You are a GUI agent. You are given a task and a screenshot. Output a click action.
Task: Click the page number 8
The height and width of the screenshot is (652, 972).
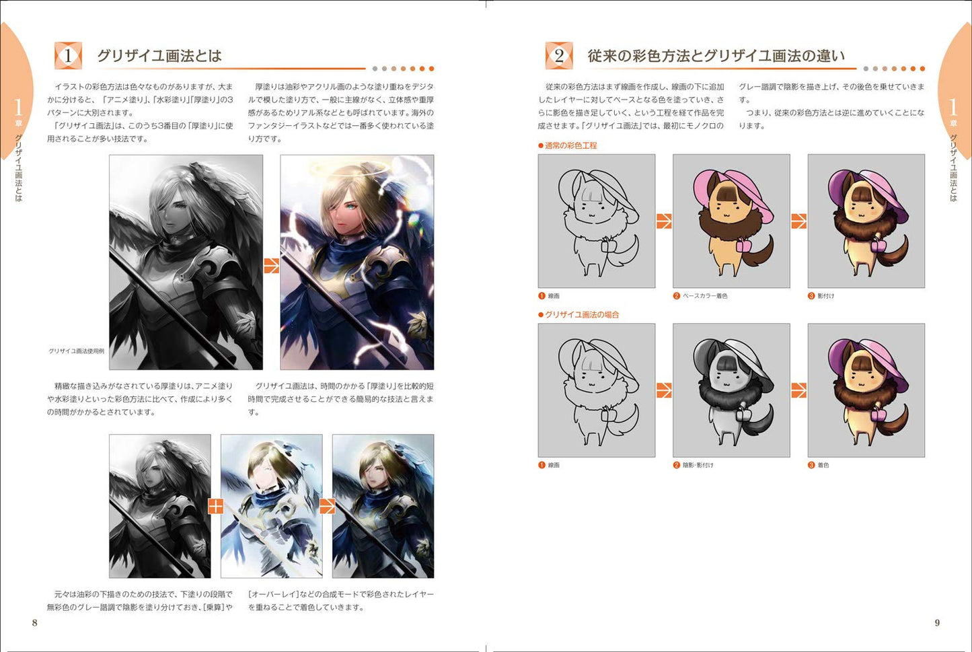[x=35, y=622]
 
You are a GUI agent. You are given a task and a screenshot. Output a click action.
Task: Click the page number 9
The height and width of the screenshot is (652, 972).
[x=937, y=622]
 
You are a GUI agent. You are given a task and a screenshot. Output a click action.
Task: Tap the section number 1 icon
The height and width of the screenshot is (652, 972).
[x=68, y=56]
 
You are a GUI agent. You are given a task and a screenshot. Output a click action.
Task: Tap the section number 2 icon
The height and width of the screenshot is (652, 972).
[x=559, y=56]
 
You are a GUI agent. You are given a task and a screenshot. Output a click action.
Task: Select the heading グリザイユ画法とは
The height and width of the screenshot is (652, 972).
[x=159, y=56]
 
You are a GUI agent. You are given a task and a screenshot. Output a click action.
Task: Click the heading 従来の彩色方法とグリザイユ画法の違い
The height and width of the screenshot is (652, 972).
[x=716, y=56]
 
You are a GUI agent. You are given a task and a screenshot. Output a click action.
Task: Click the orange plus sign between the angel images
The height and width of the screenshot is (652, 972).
[x=216, y=506]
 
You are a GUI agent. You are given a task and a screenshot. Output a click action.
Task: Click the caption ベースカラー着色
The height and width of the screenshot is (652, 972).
[x=705, y=296]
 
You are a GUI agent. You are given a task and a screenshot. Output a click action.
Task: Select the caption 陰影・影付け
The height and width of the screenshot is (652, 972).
[x=698, y=465]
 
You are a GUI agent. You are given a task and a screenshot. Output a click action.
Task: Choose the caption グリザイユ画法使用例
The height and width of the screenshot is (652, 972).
[x=77, y=351]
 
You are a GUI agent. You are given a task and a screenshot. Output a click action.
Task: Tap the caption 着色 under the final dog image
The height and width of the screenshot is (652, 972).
[x=823, y=465]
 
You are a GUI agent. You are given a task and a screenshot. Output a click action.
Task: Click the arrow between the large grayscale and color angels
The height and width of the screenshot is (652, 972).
[x=271, y=266]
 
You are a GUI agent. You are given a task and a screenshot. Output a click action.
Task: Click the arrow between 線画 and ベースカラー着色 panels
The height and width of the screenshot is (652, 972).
[x=664, y=221]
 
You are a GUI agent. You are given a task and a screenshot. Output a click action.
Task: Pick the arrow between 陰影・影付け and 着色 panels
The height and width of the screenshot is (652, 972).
[x=799, y=390]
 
